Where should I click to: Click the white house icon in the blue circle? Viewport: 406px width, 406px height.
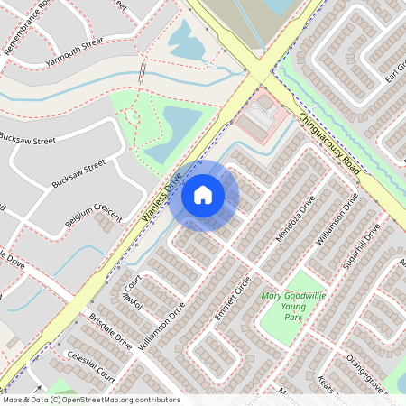(x=203, y=194)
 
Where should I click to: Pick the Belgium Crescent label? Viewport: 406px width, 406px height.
(x=93, y=208)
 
